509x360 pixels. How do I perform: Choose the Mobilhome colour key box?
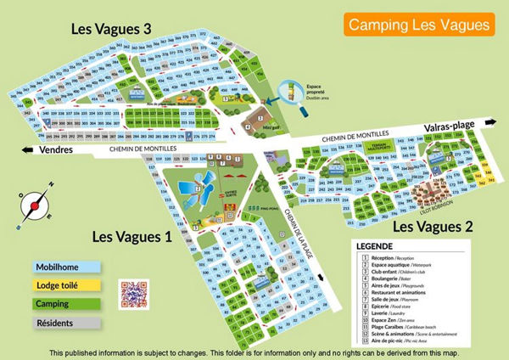66,267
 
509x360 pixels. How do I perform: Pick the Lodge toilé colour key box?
66,285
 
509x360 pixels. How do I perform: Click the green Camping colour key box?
66,304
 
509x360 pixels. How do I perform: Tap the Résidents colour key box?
66,323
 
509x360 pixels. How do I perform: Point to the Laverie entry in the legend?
380,313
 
